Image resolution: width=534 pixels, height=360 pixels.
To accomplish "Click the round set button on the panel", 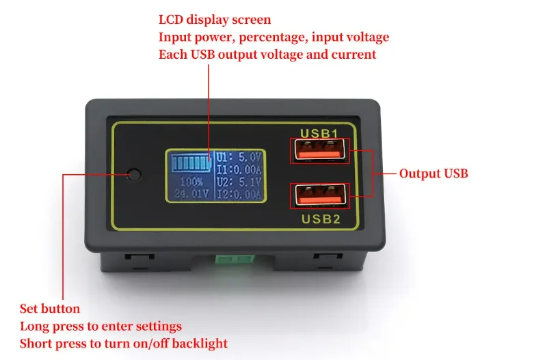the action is click(x=135, y=174).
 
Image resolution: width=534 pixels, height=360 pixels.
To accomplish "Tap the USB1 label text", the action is click(x=319, y=132).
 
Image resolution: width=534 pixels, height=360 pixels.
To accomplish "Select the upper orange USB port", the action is click(x=319, y=151).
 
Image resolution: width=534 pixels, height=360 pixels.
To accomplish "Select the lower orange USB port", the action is click(x=319, y=195).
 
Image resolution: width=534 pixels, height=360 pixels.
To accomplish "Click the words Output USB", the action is click(x=433, y=174).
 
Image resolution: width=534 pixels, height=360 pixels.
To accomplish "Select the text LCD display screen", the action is click(x=215, y=20).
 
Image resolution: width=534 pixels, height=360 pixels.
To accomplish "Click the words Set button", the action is click(x=50, y=309).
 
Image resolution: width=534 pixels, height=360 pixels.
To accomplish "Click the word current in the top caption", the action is click(x=353, y=54).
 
